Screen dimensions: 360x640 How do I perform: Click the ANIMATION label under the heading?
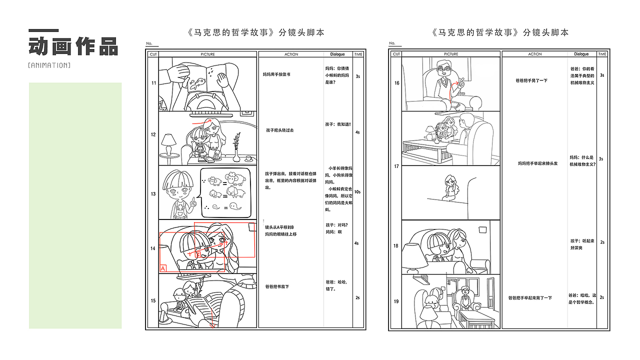coord(49,65)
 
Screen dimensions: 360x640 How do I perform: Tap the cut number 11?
coord(153,82)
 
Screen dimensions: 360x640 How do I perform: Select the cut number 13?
coord(153,193)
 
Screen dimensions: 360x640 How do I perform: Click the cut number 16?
coord(396,83)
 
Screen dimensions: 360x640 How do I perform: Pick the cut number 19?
coord(396,301)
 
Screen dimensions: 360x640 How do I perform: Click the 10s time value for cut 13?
coord(357,192)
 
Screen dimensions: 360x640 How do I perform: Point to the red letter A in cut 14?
coord(163,268)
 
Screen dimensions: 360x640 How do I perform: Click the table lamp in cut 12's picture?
coord(168,142)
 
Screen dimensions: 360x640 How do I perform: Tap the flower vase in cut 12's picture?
coord(236,150)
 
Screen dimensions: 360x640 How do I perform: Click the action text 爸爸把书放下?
coord(277,286)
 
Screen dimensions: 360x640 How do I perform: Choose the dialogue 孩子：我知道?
coord(338,124)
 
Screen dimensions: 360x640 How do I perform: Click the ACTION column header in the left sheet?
coord(291,54)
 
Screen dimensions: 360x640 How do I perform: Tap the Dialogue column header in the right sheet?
coord(581,54)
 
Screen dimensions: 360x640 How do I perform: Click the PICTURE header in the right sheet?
coord(451,54)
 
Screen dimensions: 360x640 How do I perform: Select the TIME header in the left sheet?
coord(358,54)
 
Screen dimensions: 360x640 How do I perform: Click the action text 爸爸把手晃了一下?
coord(531,80)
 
